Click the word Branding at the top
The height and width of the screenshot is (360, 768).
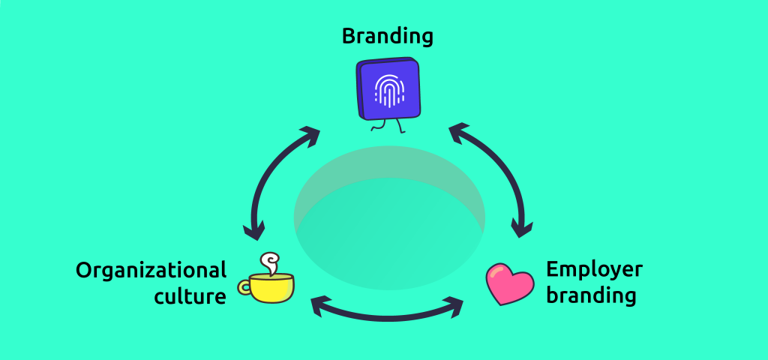pyautogui.click(x=388, y=35)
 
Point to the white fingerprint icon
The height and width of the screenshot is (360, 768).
pyautogui.click(x=388, y=90)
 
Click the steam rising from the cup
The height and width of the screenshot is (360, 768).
pyautogui.click(x=268, y=262)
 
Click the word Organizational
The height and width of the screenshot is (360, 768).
pyautogui.click(x=151, y=270)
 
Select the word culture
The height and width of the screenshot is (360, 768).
pyautogui.click(x=190, y=297)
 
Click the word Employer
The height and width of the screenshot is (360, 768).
pyautogui.click(x=594, y=270)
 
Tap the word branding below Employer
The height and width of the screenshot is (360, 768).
pyautogui.click(x=591, y=295)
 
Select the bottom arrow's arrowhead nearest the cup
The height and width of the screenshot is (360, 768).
pyautogui.click(x=319, y=304)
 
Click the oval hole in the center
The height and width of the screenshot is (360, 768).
pyautogui.click(x=388, y=217)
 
